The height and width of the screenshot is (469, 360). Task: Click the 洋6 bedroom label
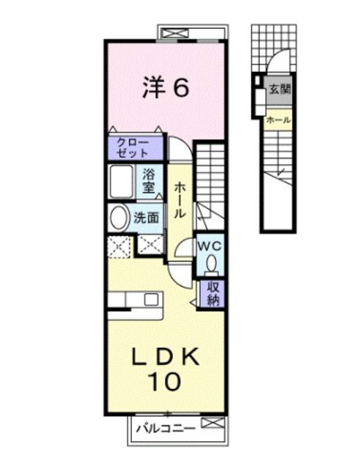coord(166,86)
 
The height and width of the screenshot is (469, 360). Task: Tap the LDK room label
coord(166,357)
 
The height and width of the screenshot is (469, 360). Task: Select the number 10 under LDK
coord(165,381)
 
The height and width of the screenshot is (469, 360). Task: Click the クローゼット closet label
coord(133,148)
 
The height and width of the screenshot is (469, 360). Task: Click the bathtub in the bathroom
coord(122,181)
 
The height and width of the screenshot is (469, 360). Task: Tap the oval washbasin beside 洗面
coord(120,218)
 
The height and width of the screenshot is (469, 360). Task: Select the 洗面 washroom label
coord(146,218)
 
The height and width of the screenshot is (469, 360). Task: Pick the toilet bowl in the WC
coord(212,262)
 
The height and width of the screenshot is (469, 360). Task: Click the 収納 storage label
coord(213,295)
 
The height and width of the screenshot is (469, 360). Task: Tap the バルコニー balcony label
coord(166,429)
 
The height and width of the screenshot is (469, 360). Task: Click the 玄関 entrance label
coord(280,89)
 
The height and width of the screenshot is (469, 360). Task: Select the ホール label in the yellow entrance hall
coord(279,120)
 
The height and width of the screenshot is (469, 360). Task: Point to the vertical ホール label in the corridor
coord(180,200)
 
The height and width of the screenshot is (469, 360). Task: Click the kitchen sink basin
coord(152,299)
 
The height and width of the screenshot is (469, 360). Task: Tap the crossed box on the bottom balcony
coord(213,423)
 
